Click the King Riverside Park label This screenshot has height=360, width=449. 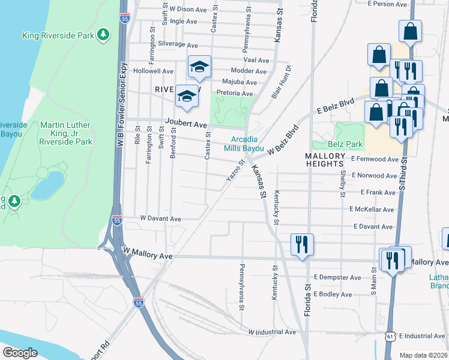[x=58, y=35]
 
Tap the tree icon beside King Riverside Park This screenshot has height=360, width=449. [x=104, y=35]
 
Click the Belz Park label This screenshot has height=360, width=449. [x=346, y=145]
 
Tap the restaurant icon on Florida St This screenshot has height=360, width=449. [x=301, y=244]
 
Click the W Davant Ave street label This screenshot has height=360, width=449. [x=160, y=219]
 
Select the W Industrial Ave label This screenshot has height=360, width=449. [x=272, y=332]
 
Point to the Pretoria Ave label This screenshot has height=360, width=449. [x=235, y=94]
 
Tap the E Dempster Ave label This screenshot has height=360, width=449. [x=337, y=278]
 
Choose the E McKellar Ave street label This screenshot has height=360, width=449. [x=372, y=209]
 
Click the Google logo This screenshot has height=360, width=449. [x=20, y=352]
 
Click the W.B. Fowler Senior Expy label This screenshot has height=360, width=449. [x=123, y=105]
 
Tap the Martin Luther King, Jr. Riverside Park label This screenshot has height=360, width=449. [x=66, y=133]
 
